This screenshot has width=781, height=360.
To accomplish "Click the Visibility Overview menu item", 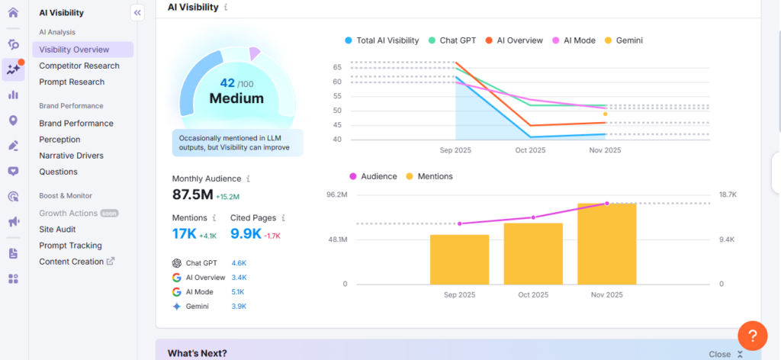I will [74, 50].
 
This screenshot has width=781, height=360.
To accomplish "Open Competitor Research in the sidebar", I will [79, 66].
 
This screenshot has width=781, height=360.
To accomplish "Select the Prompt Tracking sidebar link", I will [70, 246].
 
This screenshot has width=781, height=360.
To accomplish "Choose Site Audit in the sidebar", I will [57, 229].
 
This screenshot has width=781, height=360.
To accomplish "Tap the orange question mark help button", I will [752, 336].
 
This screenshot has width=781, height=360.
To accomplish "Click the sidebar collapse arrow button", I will [137, 12].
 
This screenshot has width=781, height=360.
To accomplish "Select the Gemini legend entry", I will [628, 40].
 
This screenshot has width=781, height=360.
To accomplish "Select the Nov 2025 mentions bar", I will [606, 244].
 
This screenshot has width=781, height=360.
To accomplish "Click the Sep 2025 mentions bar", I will [459, 259].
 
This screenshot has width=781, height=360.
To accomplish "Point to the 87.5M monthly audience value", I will [192, 194].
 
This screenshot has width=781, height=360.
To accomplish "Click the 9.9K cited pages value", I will [246, 234].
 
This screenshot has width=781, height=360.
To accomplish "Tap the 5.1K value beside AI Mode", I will [239, 291].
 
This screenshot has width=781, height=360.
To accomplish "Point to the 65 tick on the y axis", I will [336, 67].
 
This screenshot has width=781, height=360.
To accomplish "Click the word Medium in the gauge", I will [236, 98].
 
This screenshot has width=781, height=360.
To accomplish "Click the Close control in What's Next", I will [719, 354].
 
